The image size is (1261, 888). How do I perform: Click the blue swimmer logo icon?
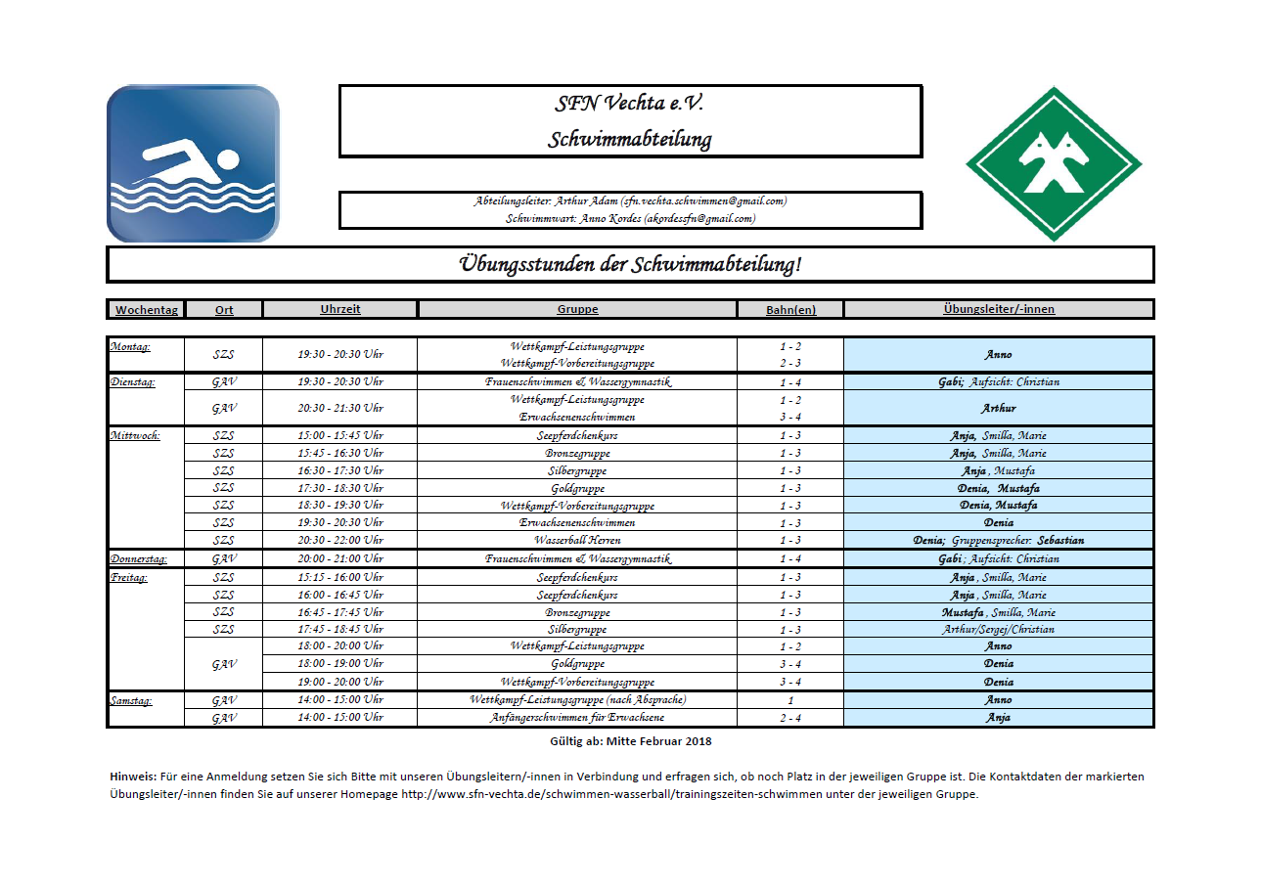click(193, 163)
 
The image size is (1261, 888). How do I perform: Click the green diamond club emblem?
click(1053, 163)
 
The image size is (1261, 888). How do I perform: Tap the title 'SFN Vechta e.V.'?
click(630, 104)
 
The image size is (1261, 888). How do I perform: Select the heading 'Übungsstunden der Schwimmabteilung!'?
click(630, 264)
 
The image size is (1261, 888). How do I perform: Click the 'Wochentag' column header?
click(146, 309)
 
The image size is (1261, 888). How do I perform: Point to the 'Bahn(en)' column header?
click(790, 309)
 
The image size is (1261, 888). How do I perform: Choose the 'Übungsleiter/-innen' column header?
click(998, 309)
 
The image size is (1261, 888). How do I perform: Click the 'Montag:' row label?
click(130, 346)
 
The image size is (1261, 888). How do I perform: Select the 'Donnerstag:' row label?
click(138, 558)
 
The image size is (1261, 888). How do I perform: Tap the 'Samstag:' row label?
click(132, 700)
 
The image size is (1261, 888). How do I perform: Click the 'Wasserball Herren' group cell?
click(577, 540)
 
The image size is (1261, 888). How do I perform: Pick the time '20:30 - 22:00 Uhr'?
click(340, 540)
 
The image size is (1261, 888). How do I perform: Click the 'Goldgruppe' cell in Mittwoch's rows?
click(577, 488)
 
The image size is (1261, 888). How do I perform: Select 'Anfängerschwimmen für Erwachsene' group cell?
click(577, 718)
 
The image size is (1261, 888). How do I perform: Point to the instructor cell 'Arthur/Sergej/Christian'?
click(998, 630)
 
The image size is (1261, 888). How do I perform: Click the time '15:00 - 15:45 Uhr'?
click(340, 435)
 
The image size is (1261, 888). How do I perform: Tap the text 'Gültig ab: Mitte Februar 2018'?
click(630, 741)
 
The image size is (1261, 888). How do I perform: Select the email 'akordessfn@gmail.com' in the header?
click(699, 218)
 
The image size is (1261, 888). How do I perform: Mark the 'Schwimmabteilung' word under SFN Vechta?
click(630, 139)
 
